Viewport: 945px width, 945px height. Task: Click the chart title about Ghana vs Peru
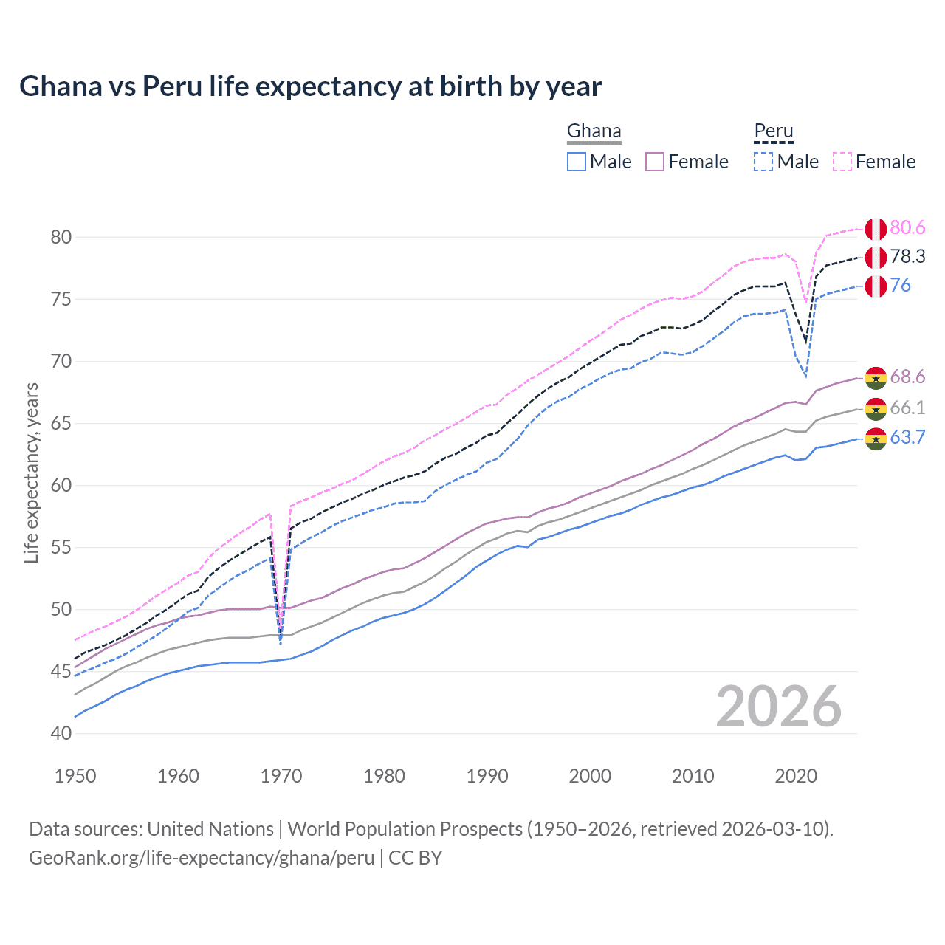coord(310,86)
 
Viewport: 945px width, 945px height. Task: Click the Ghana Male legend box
coord(577,162)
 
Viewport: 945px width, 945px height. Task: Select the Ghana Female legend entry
coord(687,162)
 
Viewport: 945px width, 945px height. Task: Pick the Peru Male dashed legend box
coord(763,162)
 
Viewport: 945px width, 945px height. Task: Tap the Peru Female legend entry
coord(874,162)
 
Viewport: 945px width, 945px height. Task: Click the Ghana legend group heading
coord(594,131)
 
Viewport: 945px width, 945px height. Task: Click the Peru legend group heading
coord(773,131)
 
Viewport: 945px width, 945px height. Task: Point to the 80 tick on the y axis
coord(61,237)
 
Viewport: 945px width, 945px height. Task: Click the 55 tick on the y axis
coord(61,547)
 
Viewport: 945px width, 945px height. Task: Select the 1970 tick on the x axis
coord(281,776)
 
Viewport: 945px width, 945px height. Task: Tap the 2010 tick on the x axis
coord(693,776)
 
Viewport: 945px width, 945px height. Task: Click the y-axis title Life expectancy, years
coord(31,472)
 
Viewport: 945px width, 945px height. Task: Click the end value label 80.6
coord(907,228)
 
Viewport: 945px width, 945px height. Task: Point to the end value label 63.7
coord(907,438)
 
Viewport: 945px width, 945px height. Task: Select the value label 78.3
coord(907,256)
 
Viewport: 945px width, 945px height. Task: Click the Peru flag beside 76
coord(876,286)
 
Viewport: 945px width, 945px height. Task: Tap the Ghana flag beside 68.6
coord(876,377)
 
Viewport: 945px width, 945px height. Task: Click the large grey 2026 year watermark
coord(779,707)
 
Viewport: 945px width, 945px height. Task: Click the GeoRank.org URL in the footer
coord(202,858)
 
